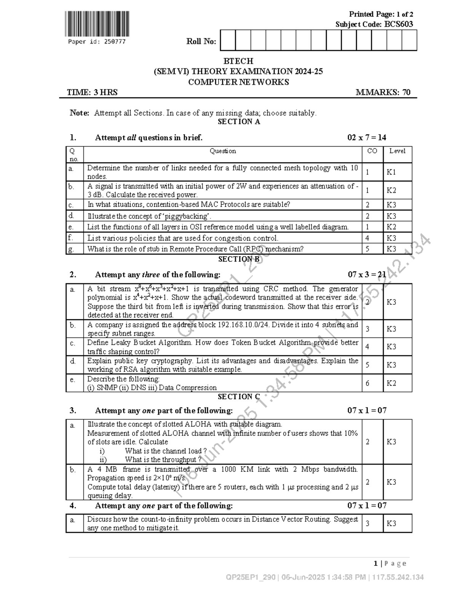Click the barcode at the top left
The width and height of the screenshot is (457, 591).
(96, 24)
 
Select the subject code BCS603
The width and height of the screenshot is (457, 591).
(398, 24)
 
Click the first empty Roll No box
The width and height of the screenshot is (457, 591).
(228, 41)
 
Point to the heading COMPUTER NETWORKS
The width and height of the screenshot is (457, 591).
(238, 82)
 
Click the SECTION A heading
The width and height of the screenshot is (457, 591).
(238, 122)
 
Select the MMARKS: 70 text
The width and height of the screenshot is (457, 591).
(383, 92)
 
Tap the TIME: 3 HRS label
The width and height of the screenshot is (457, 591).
(92, 92)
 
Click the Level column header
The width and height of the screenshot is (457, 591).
(397, 151)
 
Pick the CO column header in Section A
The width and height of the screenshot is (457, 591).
(372, 151)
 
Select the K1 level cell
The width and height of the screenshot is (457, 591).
(391, 172)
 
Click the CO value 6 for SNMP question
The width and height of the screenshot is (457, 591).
(368, 383)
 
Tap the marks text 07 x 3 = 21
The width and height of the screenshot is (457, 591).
(367, 275)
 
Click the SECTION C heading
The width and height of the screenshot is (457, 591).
(238, 397)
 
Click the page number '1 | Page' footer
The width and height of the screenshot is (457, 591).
(390, 564)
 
